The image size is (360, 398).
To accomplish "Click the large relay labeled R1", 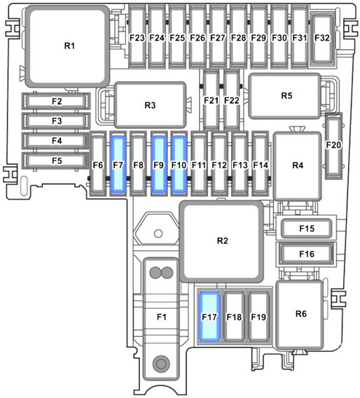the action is [68, 46].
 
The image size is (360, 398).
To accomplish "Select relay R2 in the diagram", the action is [221, 242].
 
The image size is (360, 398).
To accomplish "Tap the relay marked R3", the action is [150, 105].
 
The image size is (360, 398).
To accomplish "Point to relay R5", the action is [284, 96].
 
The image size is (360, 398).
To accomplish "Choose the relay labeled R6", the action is [300, 315].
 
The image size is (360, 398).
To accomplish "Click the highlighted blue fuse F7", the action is [118, 165].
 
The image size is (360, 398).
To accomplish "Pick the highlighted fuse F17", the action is [209, 317].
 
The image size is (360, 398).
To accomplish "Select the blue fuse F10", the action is [179, 165].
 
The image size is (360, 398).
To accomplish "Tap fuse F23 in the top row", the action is [137, 37].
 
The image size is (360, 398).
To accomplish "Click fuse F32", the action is [322, 39].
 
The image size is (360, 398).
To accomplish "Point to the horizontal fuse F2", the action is [56, 101].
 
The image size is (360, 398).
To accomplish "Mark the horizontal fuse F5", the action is [56, 160].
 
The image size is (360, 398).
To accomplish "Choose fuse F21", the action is [211, 99].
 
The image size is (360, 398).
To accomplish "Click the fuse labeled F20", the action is [333, 145].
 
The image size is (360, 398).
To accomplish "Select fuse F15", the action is [307, 228].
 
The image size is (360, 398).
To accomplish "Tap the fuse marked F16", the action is [307, 254].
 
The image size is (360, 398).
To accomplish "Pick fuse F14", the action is [261, 165].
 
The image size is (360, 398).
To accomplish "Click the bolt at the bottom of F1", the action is [161, 364].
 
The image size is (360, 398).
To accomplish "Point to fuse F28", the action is [238, 37].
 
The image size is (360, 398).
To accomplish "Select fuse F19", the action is [258, 317].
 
